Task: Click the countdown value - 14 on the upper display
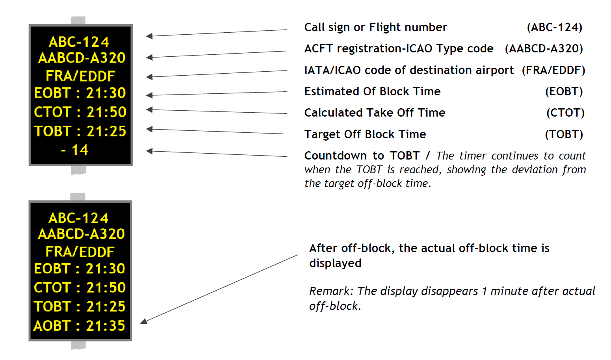pos(75,150)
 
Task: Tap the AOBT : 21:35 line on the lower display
pos(79,326)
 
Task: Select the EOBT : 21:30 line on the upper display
pos(80,93)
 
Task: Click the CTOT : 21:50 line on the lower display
pos(80,288)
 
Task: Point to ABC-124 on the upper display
pos(79,42)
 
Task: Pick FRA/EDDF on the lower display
pos(80,252)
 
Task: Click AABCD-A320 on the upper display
pos(82,58)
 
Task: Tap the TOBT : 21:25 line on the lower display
pos(79,306)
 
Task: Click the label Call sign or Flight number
pos(375,28)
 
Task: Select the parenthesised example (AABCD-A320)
pos(544,49)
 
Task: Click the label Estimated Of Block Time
pos(372,91)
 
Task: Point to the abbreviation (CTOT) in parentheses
pos(565,113)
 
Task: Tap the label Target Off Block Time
pos(365,134)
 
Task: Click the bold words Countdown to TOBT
pos(362,156)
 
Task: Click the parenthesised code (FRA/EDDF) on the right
pos(553,71)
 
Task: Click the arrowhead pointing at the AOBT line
pos(144,321)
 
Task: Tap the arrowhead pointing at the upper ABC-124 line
pos(149,36)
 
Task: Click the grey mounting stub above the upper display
pos(78,20)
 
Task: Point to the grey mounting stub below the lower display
pos(78,345)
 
